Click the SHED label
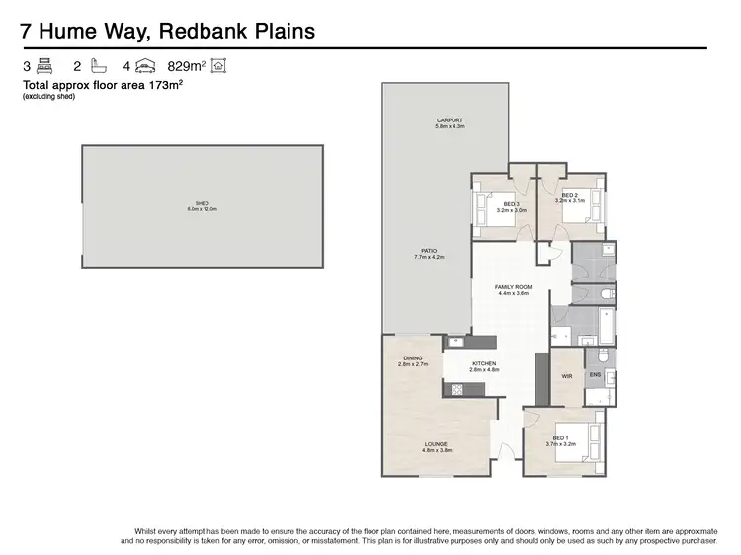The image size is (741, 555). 202,206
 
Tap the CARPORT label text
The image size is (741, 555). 450,122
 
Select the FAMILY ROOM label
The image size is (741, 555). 513,289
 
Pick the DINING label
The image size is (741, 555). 413,360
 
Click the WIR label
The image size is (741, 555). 567,376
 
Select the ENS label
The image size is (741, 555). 595,376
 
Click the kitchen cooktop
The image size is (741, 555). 458,389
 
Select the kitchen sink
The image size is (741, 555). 455,343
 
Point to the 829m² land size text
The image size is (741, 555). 188,67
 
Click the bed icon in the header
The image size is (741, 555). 44,67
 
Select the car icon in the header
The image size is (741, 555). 143,67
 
